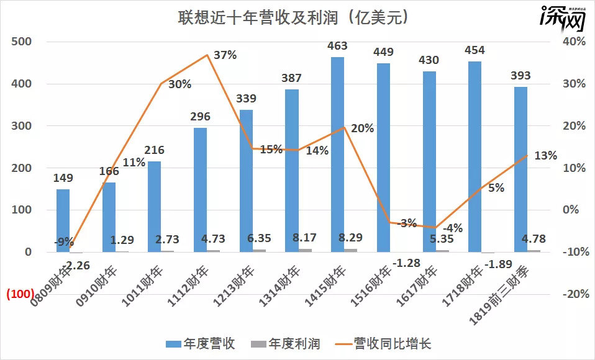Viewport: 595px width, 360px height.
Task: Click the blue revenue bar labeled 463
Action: (337, 155)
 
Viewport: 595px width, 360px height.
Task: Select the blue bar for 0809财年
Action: (63, 220)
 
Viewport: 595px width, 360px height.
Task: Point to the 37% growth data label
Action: (225, 55)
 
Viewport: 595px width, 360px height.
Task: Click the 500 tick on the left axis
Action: (22, 42)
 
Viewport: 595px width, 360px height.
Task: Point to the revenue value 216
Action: (155, 150)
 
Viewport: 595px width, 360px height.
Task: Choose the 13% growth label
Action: (545, 155)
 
